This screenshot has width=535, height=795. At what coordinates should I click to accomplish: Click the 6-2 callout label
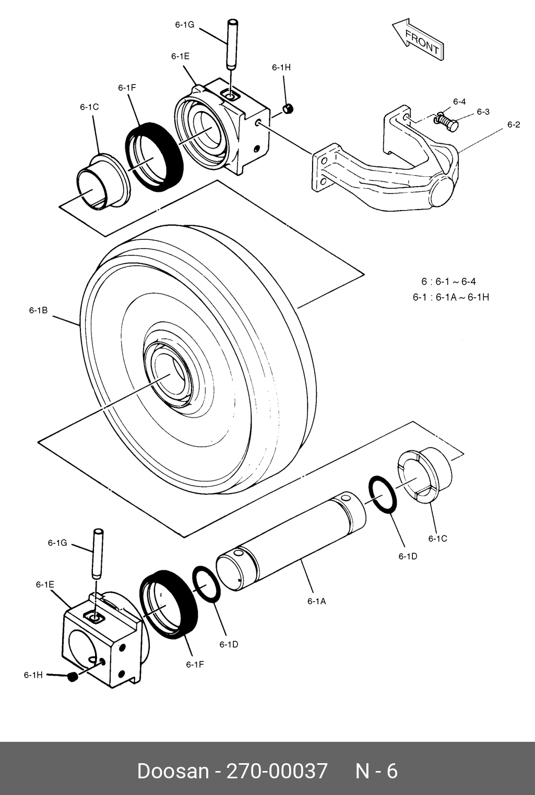point(514,125)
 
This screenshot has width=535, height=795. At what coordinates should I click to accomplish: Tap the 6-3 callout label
point(483,112)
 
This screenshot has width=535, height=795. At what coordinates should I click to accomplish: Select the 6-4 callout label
point(459,102)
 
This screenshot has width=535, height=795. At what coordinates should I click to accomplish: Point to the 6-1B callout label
point(38,310)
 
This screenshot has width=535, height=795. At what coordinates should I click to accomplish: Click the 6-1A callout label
point(316,601)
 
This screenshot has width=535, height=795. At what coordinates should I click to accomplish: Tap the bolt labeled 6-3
point(447,123)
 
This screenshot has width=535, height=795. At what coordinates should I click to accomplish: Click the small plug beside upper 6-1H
point(288,108)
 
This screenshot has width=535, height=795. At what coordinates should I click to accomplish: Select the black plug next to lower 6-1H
point(73,677)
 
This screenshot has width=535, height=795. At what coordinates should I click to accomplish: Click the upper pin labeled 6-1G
point(232,44)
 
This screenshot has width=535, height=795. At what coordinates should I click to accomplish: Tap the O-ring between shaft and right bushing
point(383,494)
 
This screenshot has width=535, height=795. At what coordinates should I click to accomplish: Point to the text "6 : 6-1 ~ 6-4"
point(448,282)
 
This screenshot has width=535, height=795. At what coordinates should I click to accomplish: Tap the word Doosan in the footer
point(172,771)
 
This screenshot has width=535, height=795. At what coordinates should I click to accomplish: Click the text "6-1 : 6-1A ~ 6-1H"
point(450,297)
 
